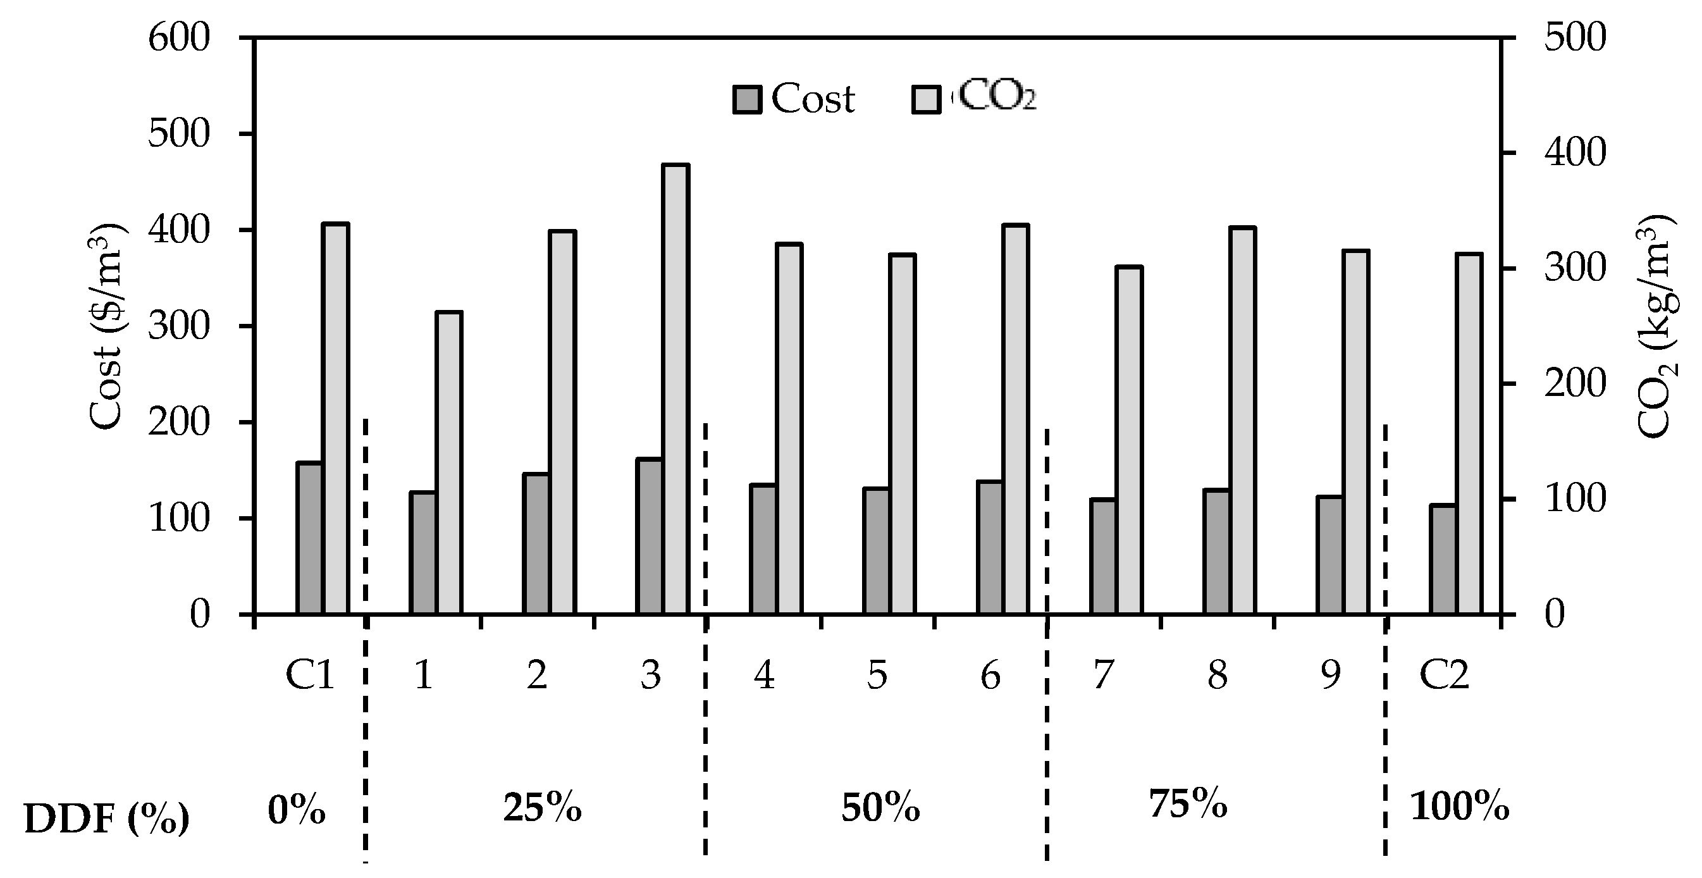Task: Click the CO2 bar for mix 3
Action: pos(676,389)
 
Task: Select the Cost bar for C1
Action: pos(309,538)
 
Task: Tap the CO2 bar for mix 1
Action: pos(449,462)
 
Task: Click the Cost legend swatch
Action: pos(747,100)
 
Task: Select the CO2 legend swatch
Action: pos(926,100)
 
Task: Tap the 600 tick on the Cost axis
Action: pos(178,38)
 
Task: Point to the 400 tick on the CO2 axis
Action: pos(1574,153)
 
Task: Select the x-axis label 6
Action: pos(990,675)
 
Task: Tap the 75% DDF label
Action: pos(1187,805)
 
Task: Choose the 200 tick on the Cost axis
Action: pos(178,422)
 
